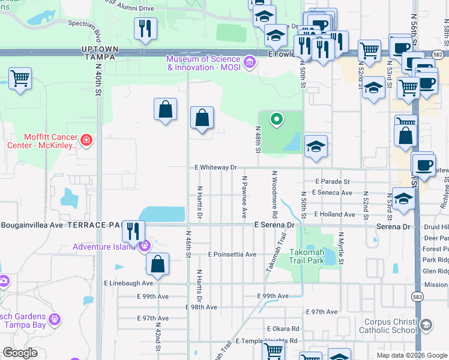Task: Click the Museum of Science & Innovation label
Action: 204,63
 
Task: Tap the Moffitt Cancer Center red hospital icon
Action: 86,141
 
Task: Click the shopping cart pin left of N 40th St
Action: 20,78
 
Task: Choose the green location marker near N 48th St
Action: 276,119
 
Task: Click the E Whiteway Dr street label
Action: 215,168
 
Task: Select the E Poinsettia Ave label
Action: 232,254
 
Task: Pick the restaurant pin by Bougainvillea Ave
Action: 133,231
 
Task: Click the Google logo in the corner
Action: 20,352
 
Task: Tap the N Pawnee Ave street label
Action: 244,197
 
